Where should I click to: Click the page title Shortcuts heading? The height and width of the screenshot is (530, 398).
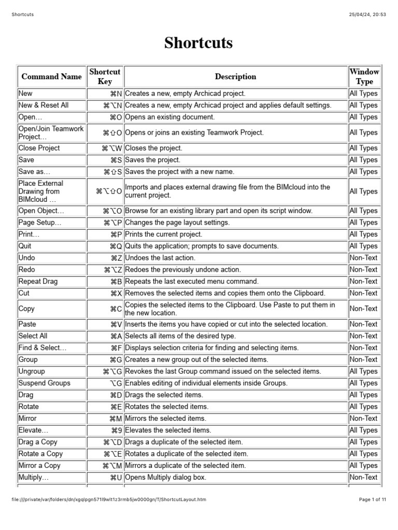coord(198,43)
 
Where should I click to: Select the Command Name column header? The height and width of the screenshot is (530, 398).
coord(51,77)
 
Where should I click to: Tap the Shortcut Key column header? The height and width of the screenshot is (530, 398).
coord(105,77)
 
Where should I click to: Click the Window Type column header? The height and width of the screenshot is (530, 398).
coord(364,77)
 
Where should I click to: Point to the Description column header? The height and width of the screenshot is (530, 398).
coord(235,77)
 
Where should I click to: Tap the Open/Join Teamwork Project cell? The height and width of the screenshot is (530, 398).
coord(51,132)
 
